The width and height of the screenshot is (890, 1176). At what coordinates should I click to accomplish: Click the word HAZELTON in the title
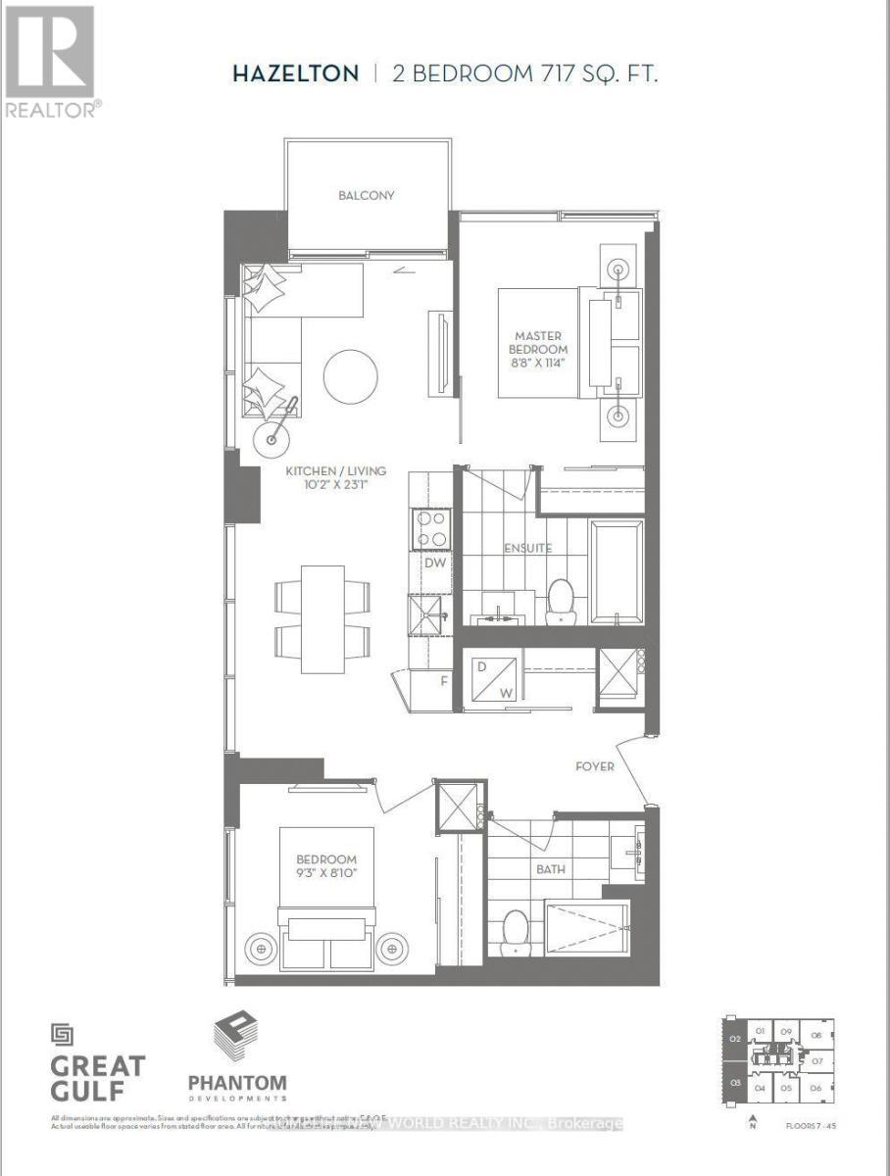tap(295, 74)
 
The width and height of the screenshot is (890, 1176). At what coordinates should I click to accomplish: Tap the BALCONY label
tap(367, 195)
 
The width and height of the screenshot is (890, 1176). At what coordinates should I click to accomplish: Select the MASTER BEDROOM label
tap(538, 343)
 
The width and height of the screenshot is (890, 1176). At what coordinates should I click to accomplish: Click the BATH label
tap(550, 868)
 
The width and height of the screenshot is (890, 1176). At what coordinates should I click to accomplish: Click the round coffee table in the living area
tap(350, 376)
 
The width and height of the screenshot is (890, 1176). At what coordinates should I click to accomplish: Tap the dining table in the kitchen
tap(322, 618)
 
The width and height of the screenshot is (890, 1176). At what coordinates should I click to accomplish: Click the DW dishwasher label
tap(434, 563)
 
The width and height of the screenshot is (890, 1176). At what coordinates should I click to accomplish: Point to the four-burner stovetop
tap(432, 529)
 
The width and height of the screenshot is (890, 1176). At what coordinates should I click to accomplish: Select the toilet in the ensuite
tap(560, 599)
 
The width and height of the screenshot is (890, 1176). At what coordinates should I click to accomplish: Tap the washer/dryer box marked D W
tap(493, 678)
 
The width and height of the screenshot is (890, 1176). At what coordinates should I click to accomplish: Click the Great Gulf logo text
tap(98, 1076)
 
